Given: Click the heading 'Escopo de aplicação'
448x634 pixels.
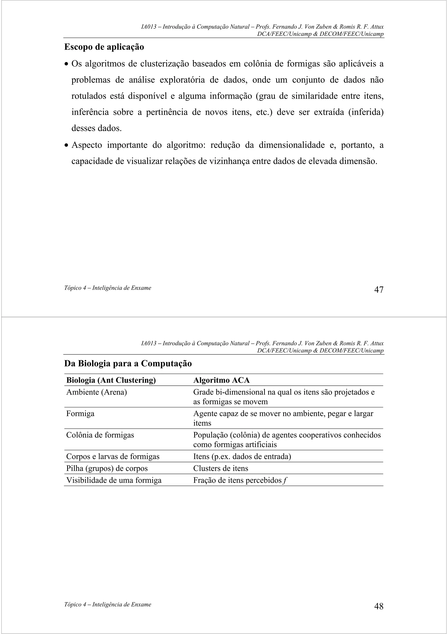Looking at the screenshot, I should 104,47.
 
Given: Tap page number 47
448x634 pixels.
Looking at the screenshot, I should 379,290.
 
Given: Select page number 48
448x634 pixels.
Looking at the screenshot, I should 379,606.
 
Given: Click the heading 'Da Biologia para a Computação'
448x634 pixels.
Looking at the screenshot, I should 128,363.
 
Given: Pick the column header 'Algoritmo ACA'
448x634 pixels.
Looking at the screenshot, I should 221,380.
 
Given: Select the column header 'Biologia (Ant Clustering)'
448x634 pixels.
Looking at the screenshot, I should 111,380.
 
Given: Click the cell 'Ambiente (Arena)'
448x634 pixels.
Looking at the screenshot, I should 96,392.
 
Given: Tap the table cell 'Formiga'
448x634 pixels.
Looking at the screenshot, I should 80,414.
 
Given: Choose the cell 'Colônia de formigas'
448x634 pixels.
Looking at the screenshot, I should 100,435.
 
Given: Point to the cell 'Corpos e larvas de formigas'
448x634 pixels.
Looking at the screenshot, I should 113,456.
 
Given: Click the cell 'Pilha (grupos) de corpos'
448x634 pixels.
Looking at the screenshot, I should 107,468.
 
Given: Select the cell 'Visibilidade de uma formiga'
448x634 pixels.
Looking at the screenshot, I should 114,480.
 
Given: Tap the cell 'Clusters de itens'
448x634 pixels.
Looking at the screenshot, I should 220,468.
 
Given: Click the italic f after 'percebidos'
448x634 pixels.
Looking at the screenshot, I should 285,480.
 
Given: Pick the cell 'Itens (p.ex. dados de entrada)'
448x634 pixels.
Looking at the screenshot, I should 242,456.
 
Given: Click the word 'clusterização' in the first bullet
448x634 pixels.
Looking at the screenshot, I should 164,64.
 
